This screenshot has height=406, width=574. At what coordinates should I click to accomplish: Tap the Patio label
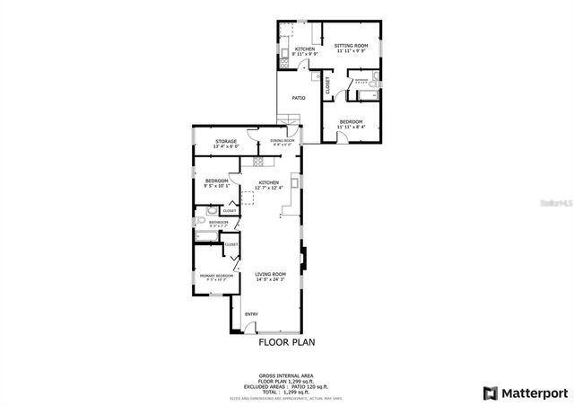(299, 98)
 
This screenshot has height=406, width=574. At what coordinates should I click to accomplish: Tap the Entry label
(251, 313)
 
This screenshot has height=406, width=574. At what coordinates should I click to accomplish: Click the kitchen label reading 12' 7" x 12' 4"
(269, 185)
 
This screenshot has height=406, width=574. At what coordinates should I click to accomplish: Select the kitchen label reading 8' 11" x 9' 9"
(305, 51)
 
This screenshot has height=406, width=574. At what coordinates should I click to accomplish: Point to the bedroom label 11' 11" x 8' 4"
(351, 124)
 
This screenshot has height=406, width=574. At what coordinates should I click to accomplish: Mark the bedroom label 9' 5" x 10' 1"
(217, 183)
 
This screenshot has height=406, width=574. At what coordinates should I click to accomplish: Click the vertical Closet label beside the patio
(327, 86)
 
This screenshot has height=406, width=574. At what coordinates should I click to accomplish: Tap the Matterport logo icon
(490, 393)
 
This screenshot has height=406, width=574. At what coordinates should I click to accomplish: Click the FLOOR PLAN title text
(287, 342)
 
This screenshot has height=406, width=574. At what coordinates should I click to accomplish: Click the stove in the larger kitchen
(259, 163)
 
